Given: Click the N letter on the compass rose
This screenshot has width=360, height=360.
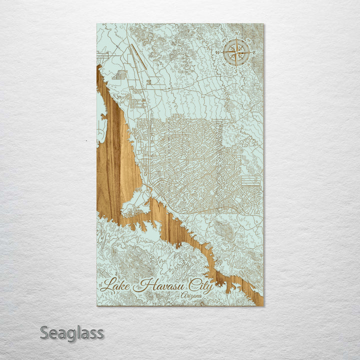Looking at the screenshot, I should click(236, 33).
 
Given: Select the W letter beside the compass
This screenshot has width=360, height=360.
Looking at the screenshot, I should click(218, 52).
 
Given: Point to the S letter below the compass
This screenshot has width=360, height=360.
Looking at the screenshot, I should click(236, 70).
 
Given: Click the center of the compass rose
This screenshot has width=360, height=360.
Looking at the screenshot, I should click(236, 52).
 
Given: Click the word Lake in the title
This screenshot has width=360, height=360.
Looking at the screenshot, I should click(118, 285).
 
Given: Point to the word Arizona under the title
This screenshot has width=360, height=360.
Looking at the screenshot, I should click(192, 296).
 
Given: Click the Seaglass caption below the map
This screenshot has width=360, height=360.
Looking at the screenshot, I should click(72, 332).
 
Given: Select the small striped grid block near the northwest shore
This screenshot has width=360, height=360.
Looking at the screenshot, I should click(119, 75).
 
